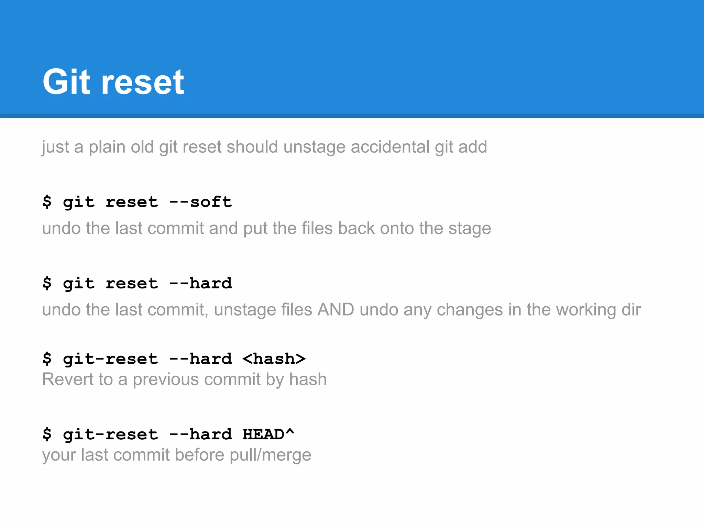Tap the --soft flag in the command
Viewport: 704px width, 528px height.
tap(200, 202)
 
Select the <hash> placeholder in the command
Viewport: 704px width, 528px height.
tap(274, 359)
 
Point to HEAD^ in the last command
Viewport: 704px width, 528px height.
tap(268, 434)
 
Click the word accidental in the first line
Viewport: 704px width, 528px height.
tap(390, 147)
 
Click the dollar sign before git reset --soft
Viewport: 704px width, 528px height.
tap(47, 202)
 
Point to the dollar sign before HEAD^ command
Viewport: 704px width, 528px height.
tap(47, 434)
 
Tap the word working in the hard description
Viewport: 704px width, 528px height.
tap(586, 310)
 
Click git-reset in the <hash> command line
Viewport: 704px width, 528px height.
tap(110, 359)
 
